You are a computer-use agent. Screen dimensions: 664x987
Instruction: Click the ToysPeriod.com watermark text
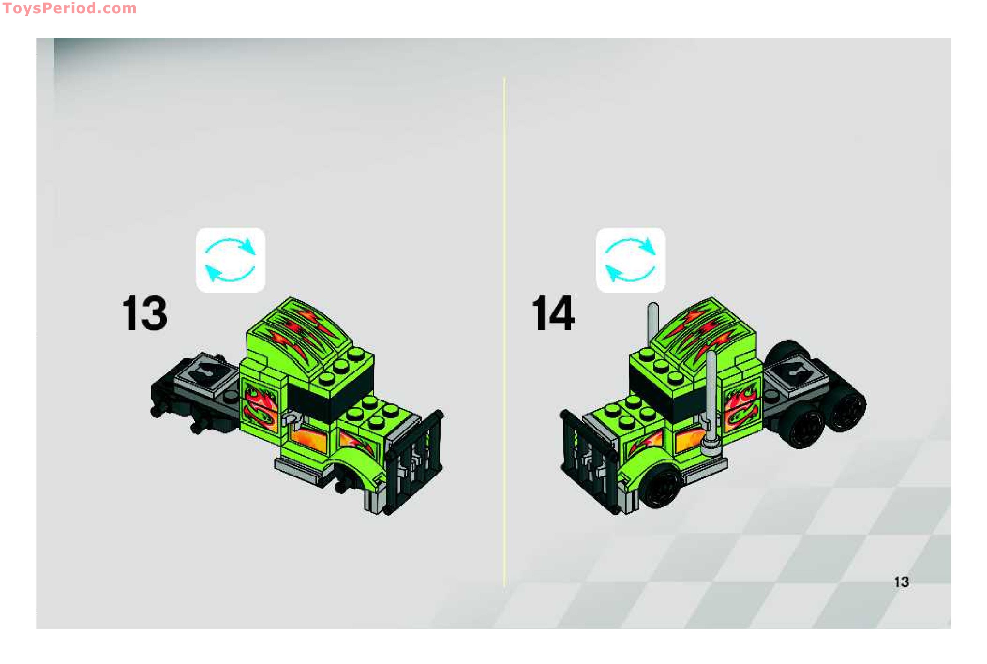(x=70, y=8)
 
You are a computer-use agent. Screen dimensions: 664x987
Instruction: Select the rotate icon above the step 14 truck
(x=630, y=260)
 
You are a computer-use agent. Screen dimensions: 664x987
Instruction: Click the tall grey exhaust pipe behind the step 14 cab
(x=653, y=326)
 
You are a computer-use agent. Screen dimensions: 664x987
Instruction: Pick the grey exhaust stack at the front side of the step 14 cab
(x=711, y=402)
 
